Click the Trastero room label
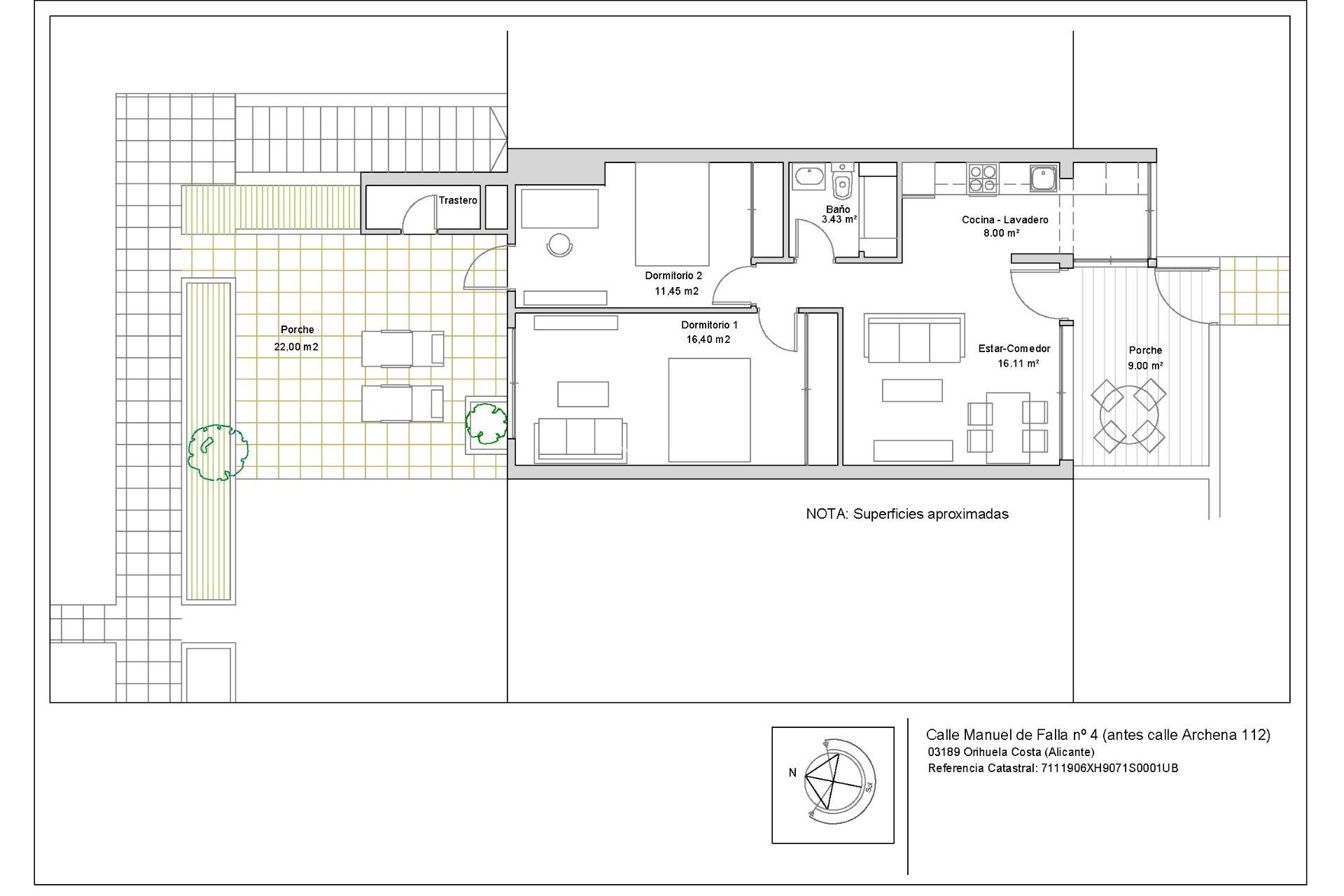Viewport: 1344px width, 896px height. pos(458,200)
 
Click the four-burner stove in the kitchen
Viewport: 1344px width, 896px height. pos(983,178)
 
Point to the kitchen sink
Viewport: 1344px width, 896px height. pos(1042,177)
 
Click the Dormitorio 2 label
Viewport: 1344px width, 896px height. pos(673,276)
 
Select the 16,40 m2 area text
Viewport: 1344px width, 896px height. pos(708,339)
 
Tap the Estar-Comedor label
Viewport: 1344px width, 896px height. pos(1014,349)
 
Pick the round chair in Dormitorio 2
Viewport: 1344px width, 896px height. pos(559,244)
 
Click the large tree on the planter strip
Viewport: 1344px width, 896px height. pos(218,452)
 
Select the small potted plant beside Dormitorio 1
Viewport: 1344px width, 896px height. pos(486,423)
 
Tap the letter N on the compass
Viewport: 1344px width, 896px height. pos(792,773)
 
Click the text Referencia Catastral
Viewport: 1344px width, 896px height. pos(982,768)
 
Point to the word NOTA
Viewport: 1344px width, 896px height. pos(827,514)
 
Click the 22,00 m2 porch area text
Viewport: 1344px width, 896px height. pos(296,346)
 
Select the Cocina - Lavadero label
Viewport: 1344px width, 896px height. pos(1004,220)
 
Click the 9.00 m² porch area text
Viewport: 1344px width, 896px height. pos(1145,365)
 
